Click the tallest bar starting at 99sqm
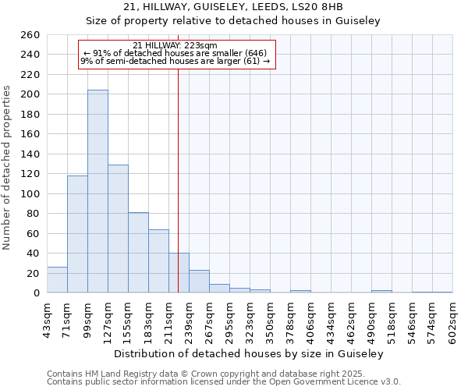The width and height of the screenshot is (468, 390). coord(97,191)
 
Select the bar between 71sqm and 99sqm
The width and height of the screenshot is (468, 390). coord(77,234)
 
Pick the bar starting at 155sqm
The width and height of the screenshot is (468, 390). coord(138,253)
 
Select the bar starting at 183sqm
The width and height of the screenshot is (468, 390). coord(158,261)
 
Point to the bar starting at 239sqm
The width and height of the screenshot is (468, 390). coord(199,282)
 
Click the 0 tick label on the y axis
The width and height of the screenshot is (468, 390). coord(36,293)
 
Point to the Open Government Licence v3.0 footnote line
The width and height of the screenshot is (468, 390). coord(224,382)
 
